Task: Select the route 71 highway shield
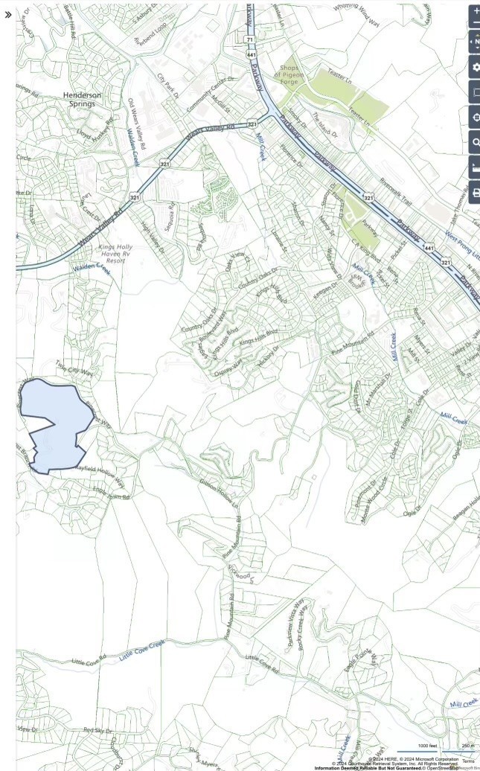pyautogui.click(x=249, y=38)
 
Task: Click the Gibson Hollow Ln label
pyautogui.click(x=219, y=493)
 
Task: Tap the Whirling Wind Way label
pyautogui.click(x=356, y=14)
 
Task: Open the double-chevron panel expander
pyautogui.click(x=8, y=14)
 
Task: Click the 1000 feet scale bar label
pyautogui.click(x=427, y=746)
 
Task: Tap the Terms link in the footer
pyautogui.click(x=468, y=761)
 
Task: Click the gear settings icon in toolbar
pyautogui.click(x=476, y=67)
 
